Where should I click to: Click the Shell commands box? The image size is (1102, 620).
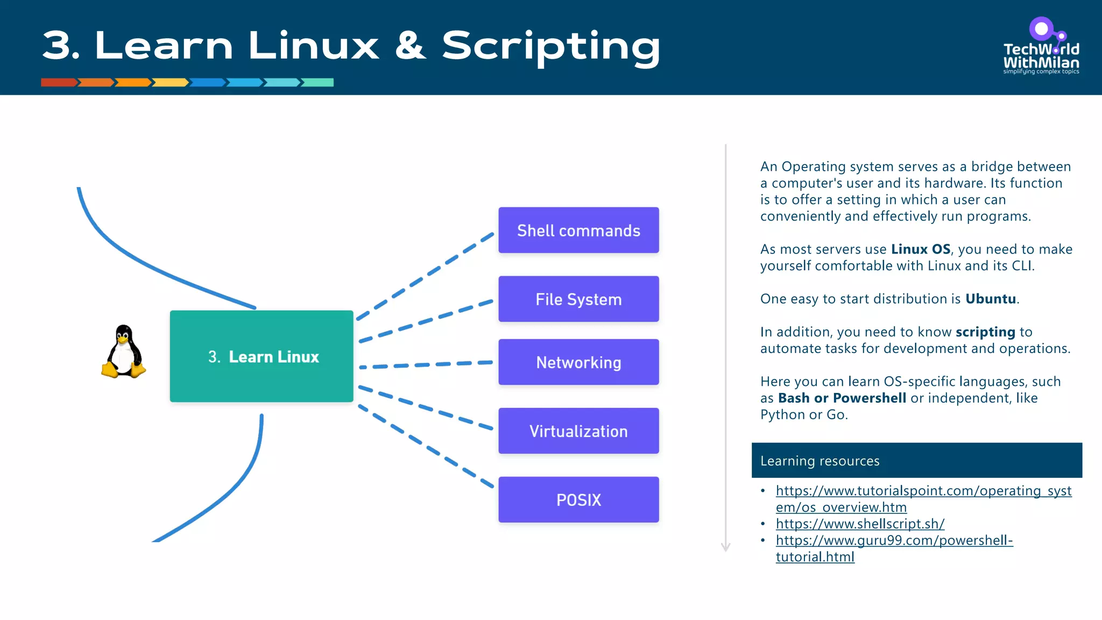[578, 230]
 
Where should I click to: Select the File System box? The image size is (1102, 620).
[578, 299]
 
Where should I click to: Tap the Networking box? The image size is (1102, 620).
[578, 362]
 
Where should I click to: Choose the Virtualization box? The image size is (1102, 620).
[578, 431]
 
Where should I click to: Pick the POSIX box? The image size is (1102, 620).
[578, 499]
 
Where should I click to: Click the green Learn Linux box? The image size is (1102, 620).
[262, 356]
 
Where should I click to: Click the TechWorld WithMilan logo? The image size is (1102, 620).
[1041, 47]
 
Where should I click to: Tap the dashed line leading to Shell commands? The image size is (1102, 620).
[425, 275]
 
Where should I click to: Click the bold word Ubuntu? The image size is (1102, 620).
[990, 299]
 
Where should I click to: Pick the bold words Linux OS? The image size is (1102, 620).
[921, 249]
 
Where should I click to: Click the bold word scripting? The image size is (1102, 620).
[985, 332]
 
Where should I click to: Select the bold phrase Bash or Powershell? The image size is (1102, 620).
[842, 398]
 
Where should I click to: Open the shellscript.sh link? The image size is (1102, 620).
[860, 524]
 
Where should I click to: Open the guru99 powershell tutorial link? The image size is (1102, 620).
[894, 540]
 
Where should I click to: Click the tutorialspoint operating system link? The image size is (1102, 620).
[923, 491]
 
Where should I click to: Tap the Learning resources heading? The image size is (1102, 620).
[820, 461]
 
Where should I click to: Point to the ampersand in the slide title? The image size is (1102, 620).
[411, 46]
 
